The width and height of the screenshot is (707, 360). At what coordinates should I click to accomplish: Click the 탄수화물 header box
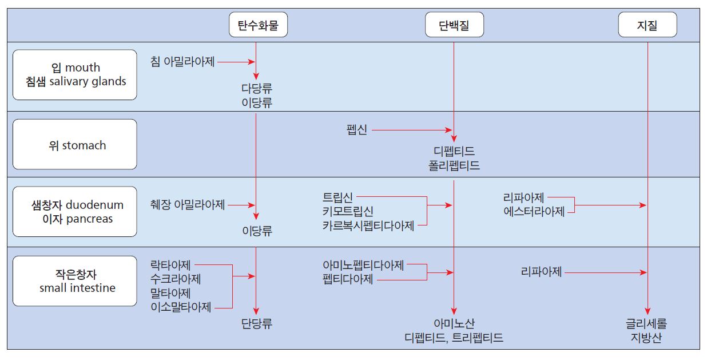coord(258,26)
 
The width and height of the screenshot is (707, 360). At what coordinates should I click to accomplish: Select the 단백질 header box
coord(454,26)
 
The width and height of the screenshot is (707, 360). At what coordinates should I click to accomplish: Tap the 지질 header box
coord(647,26)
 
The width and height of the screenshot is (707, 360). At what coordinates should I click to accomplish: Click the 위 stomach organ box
coord(75,145)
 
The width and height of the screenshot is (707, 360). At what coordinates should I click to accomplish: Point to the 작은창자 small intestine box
coord(75,281)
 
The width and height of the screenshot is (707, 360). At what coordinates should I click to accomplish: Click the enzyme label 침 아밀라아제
coord(182,61)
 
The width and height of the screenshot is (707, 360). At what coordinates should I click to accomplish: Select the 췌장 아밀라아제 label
coord(188,205)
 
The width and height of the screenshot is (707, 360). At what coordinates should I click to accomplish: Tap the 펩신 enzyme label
coord(356,130)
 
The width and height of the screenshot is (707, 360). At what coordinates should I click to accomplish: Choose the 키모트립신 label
coord(348,212)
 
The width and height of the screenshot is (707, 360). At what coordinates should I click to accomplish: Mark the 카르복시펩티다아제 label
coord(368,226)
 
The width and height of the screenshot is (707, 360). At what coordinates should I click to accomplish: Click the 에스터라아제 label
coord(534,212)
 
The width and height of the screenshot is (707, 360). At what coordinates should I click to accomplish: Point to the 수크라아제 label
coord(176,279)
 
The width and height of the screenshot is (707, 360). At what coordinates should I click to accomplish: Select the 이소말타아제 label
coord(181,307)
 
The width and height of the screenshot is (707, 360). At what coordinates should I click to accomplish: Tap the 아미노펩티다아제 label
coord(363,265)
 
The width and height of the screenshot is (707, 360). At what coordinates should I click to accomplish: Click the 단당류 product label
coord(257,323)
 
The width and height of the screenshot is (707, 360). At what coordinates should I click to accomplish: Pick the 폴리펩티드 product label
coord(454,166)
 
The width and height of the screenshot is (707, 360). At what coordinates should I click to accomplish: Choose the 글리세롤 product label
coord(646,323)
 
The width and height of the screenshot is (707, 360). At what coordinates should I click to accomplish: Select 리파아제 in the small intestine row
coord(541,272)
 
